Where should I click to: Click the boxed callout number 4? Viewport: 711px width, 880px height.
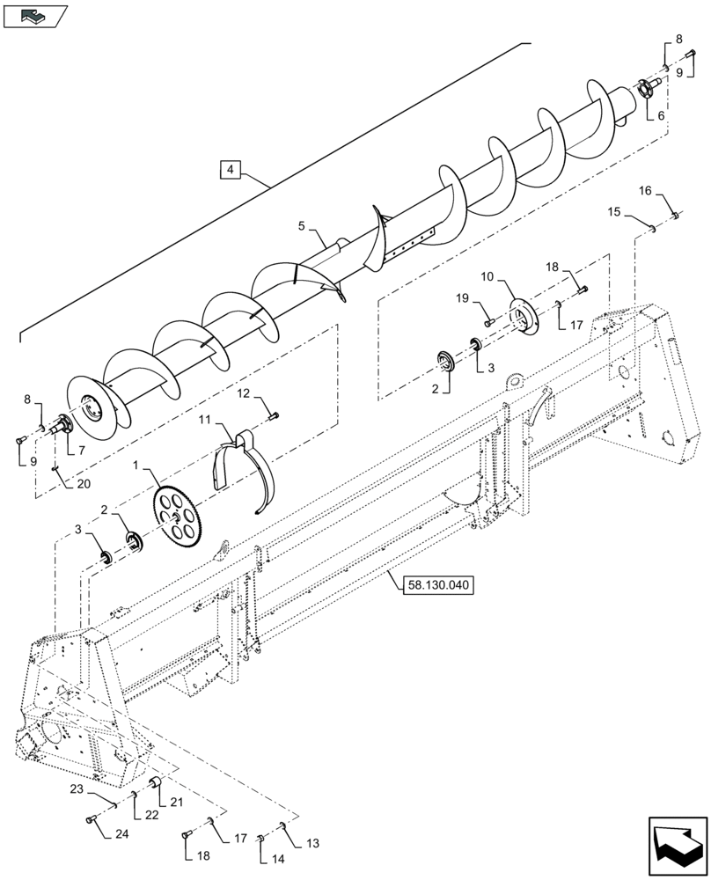[x=229, y=169]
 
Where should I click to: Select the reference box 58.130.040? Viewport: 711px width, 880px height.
[x=438, y=584]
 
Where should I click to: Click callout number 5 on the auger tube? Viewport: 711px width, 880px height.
[x=303, y=226]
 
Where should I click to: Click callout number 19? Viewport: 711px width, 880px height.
[x=463, y=298]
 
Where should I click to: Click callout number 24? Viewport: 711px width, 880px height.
[x=121, y=833]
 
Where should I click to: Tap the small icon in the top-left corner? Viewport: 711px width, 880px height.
[x=35, y=15]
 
